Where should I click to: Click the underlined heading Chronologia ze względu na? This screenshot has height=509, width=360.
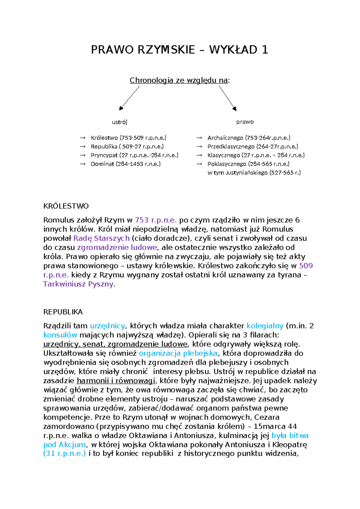[x=179, y=80]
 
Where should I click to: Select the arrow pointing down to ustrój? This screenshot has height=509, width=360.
[x=130, y=98]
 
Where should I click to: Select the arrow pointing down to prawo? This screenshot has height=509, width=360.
[x=228, y=98]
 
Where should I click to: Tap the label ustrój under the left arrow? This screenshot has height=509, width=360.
[x=119, y=122]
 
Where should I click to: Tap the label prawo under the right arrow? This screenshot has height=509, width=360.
[x=245, y=122]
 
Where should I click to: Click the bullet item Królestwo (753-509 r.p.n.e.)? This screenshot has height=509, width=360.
[x=128, y=138]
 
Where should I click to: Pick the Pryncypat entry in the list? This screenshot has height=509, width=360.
[x=134, y=155]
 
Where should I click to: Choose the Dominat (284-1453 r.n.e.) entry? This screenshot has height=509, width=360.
[x=126, y=164]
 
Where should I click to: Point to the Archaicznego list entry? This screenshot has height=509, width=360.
[x=249, y=138]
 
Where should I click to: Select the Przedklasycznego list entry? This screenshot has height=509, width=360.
[x=253, y=147]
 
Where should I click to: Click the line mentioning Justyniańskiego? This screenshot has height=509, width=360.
[x=254, y=173]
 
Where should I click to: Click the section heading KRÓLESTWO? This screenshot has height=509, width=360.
[x=66, y=206]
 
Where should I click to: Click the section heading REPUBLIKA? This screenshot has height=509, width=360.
[x=63, y=312]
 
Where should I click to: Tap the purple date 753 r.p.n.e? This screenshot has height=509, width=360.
[x=156, y=220]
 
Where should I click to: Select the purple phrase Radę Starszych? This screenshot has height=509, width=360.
[x=101, y=239]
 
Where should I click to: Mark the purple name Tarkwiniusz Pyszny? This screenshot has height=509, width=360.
[x=78, y=284]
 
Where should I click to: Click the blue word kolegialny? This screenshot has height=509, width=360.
[x=265, y=326]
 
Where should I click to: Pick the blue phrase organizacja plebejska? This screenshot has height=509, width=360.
[x=178, y=353]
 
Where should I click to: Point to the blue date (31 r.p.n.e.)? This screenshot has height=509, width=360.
[x=64, y=453]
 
